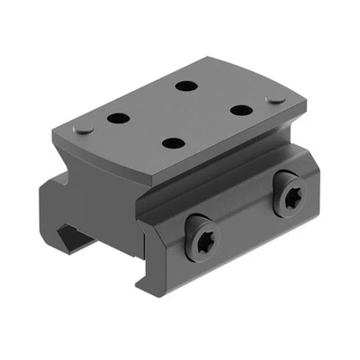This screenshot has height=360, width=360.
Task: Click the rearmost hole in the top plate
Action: [186, 86]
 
